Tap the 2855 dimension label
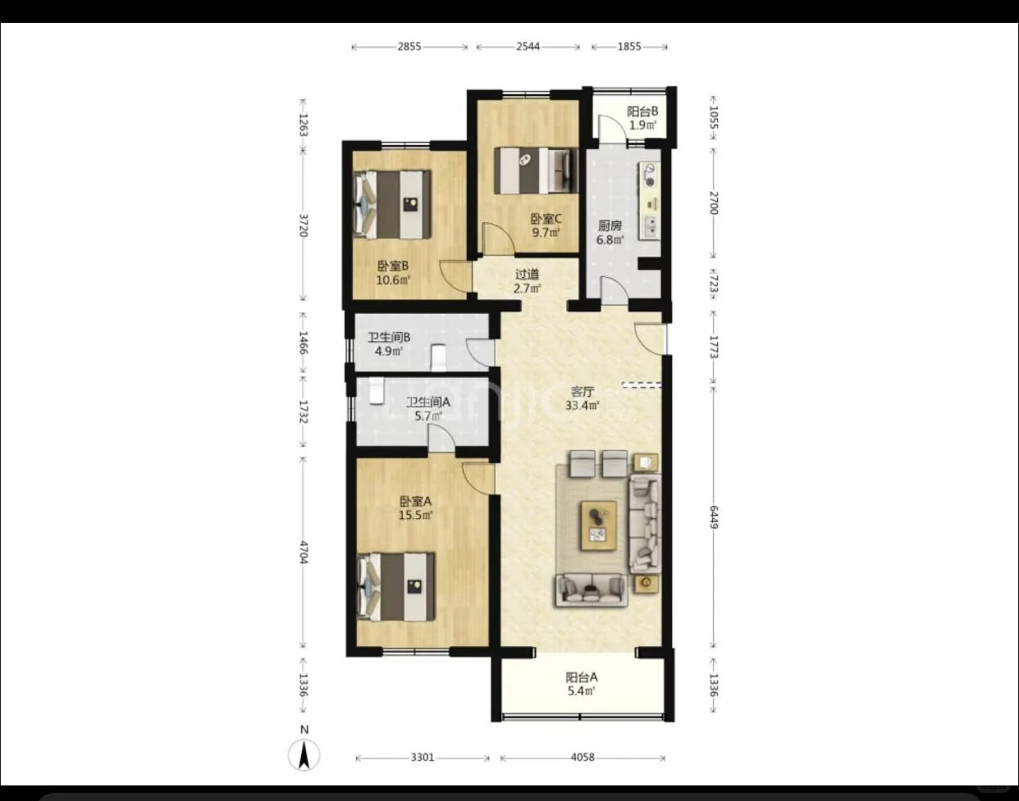409,47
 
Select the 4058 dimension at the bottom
583,758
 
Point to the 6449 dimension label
714,517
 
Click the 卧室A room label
415,501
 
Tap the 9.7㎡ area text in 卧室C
546,233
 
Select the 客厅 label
583,392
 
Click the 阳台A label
582,677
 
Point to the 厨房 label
610,225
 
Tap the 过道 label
527,275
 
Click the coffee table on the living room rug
599,526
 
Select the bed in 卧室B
392,204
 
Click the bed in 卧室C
536,171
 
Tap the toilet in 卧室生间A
377,391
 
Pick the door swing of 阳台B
609,128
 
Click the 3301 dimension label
422,758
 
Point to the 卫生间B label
389,337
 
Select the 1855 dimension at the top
629,47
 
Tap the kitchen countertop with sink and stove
649,201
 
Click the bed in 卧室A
395,587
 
